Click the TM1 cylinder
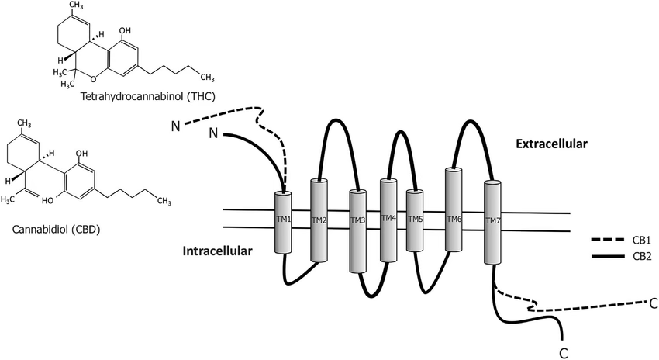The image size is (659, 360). point(283,222)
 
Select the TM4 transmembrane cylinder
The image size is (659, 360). point(388,220)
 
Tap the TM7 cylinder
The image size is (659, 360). point(492,222)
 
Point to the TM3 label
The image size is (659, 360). point(357,220)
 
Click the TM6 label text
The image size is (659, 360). point(454,219)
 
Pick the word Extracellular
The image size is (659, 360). point(551,144)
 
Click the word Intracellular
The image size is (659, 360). point(217,251)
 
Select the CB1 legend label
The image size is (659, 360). point(641,241)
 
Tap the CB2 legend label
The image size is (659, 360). point(641,256)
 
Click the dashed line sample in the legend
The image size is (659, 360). point(608,241)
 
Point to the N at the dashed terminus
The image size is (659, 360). point(176,126)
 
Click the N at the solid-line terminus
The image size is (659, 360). point(213,133)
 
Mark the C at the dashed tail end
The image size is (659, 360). point(653,303)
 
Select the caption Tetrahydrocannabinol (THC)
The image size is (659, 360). point(147,96)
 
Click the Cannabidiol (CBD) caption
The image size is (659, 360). point(57,229)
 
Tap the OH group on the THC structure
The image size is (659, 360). point(125,31)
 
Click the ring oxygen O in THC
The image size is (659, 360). point(93,78)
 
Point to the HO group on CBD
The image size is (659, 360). point(48,201)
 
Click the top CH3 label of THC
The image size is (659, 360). point(76,5)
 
